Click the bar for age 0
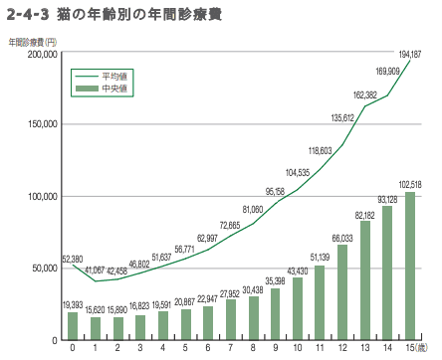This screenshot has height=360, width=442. [x=73, y=326]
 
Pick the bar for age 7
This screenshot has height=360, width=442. [x=230, y=319]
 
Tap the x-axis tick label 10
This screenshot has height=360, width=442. [x=298, y=349]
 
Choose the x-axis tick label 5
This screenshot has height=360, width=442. [x=185, y=349]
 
